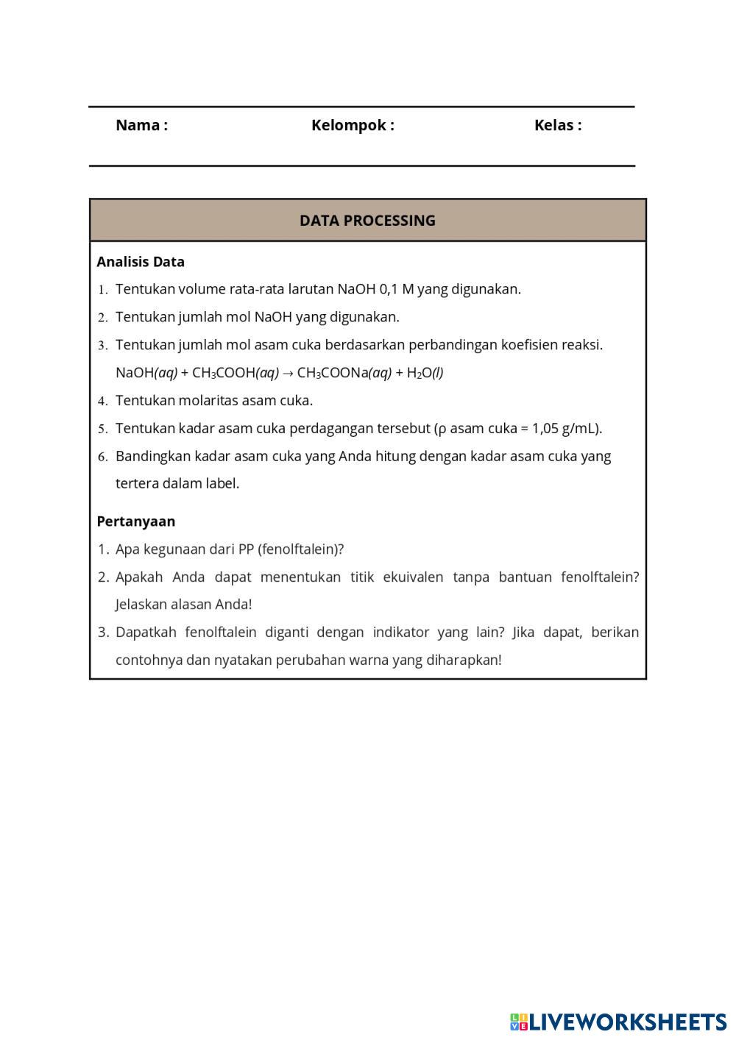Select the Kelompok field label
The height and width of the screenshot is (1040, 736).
point(353,125)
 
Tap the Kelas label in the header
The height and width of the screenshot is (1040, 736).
point(557,125)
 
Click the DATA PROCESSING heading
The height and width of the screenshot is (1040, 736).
point(367,221)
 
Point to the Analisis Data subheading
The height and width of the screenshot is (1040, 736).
point(141,262)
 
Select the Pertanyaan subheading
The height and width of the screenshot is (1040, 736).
point(136,521)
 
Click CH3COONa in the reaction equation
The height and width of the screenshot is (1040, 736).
point(332,373)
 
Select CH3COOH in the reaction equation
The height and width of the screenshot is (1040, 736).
point(223,373)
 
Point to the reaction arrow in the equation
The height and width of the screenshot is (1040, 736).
point(288,373)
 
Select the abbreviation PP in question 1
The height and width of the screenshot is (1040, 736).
point(246,549)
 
